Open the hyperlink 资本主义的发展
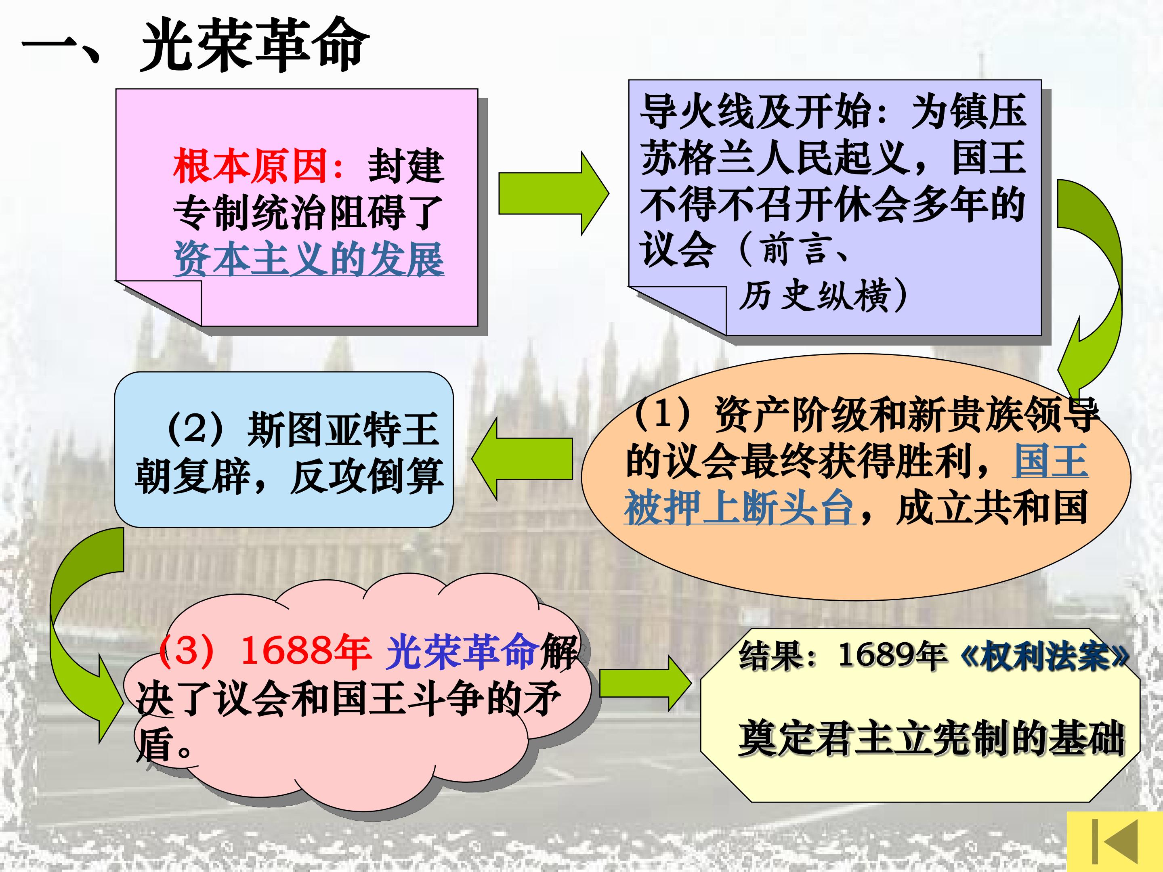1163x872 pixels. tap(309, 259)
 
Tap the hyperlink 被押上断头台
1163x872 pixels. tap(739, 508)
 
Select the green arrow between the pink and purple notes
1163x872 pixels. tap(553, 193)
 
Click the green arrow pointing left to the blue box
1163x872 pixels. tap(522, 458)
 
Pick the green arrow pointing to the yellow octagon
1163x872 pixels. tap(646, 683)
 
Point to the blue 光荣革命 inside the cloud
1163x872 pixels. tap(463, 652)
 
